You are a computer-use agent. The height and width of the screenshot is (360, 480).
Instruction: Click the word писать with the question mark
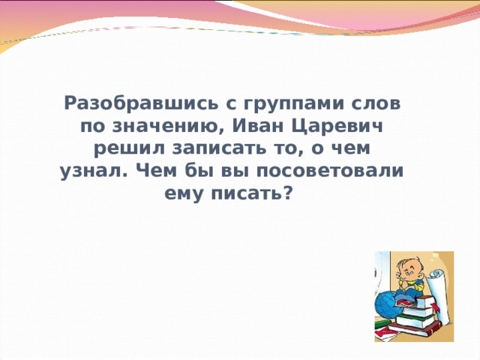pyautogui.click(x=250, y=192)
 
